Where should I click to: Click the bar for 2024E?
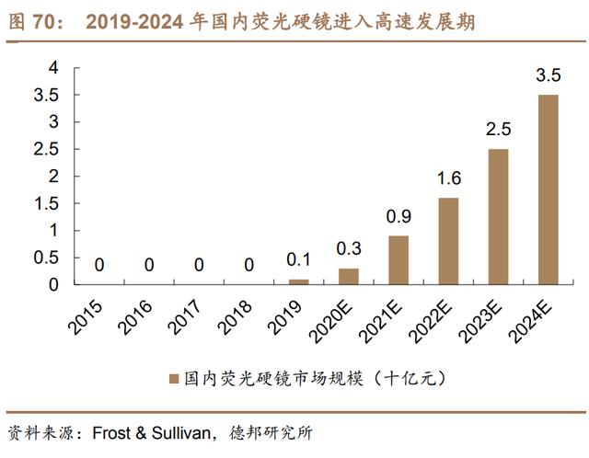pos(548,189)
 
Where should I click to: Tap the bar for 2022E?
pos(448,241)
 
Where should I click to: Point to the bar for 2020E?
pos(349,276)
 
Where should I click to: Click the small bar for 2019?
pos(299,281)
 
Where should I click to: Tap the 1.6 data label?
pos(448,178)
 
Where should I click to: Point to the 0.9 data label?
pos(398,217)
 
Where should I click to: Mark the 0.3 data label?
pos(349,249)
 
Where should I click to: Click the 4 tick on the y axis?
pos(53,67)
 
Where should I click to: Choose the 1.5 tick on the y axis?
pos(47,203)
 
